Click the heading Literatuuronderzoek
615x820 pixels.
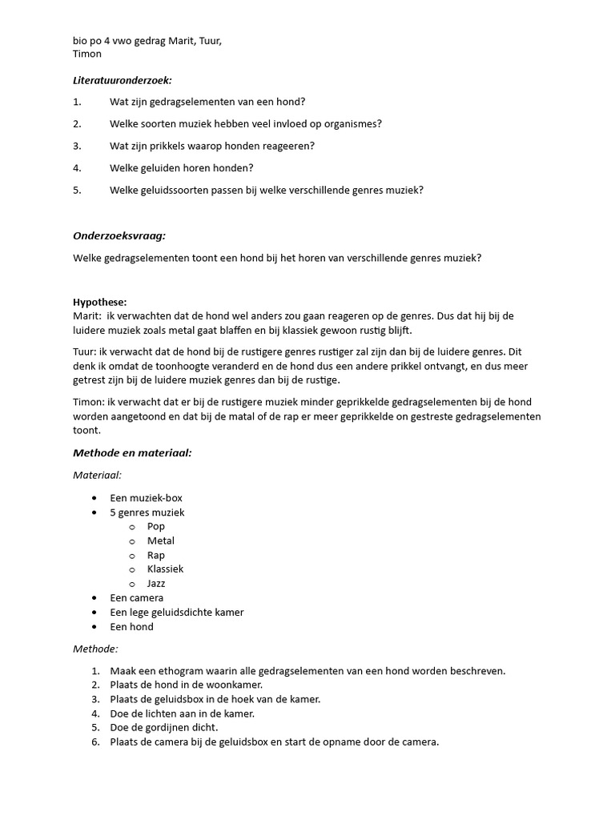click(123, 80)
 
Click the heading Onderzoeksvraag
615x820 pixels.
click(119, 235)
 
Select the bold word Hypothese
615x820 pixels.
click(99, 302)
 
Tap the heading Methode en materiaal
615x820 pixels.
click(132, 452)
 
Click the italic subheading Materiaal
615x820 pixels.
click(97, 475)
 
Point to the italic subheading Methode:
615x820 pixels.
click(95, 649)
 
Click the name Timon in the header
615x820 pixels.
click(87, 54)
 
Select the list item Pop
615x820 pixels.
click(156, 526)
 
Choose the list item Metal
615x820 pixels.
click(160, 541)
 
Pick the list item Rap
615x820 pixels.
click(155, 555)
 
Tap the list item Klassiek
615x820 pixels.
click(165, 569)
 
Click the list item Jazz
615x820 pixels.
click(156, 583)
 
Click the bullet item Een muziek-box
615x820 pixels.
click(146, 497)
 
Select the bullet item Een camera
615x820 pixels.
click(136, 597)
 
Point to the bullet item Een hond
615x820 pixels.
click(131, 626)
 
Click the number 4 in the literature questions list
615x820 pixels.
click(76, 167)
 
